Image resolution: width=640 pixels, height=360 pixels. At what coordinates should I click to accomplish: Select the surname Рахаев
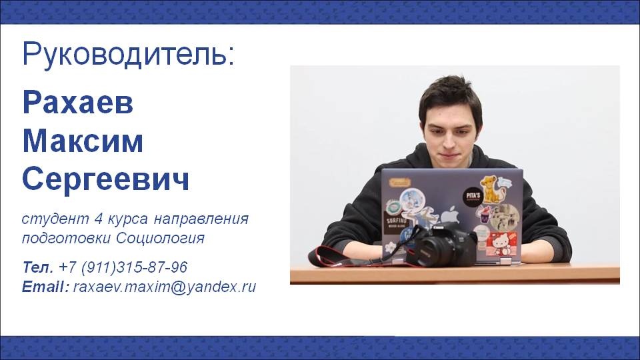(78, 102)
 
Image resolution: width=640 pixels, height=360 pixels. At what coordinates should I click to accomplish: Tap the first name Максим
(83, 141)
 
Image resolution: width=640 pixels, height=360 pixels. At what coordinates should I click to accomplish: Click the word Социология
(161, 238)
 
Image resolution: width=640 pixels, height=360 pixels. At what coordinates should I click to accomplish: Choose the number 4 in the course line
(99, 219)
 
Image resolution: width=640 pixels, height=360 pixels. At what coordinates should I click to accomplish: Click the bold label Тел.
(37, 267)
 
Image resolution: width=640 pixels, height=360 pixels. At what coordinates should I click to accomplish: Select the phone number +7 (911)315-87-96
(123, 268)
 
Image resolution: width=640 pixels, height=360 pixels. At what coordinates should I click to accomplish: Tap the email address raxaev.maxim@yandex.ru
(165, 287)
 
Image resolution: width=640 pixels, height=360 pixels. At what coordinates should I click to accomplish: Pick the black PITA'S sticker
(473, 195)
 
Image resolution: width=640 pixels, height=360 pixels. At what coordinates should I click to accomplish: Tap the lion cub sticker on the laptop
(491, 189)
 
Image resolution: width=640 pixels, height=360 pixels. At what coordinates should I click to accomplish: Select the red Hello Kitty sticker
(501, 244)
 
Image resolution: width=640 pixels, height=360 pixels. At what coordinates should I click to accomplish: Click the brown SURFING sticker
(396, 224)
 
